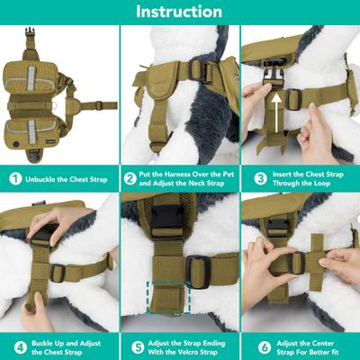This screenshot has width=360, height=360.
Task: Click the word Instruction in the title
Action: click(179, 12)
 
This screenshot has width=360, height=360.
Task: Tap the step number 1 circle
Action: click(14, 177)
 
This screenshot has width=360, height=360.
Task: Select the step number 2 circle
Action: click(131, 177)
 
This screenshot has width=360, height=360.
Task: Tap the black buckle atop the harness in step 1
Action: click(31, 40)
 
